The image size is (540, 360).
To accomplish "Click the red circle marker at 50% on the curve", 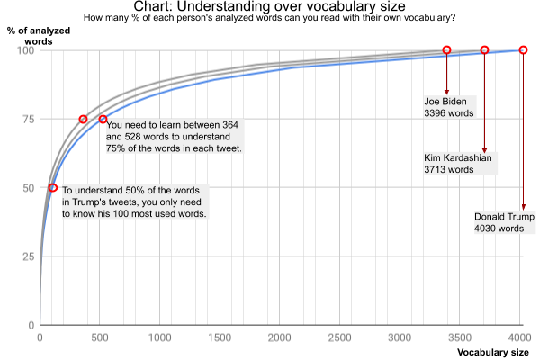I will pyautogui.click(x=53, y=188).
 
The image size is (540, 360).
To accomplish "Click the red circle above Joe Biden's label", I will pyautogui.click(x=446, y=50).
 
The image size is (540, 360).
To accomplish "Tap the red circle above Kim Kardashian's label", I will pyautogui.click(x=484, y=50).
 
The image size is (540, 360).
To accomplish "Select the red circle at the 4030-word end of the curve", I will pyautogui.click(x=523, y=50).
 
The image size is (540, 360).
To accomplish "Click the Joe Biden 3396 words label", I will pyautogui.click(x=449, y=108).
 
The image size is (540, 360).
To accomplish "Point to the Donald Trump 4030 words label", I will pyautogui.click(x=505, y=222).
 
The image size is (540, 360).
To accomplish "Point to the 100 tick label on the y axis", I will pyautogui.click(x=24, y=50).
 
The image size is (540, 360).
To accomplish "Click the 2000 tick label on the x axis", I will pyautogui.click(x=280, y=338).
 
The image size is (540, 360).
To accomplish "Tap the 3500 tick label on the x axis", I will pyautogui.click(x=460, y=338).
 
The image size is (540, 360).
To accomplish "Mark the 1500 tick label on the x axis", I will pyautogui.click(x=220, y=338).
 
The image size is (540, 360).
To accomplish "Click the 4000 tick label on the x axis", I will pyautogui.click(x=520, y=338).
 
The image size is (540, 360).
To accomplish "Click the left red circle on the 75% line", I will pyautogui.click(x=84, y=119).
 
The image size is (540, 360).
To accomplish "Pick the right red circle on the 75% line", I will pyautogui.click(x=103, y=119).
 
